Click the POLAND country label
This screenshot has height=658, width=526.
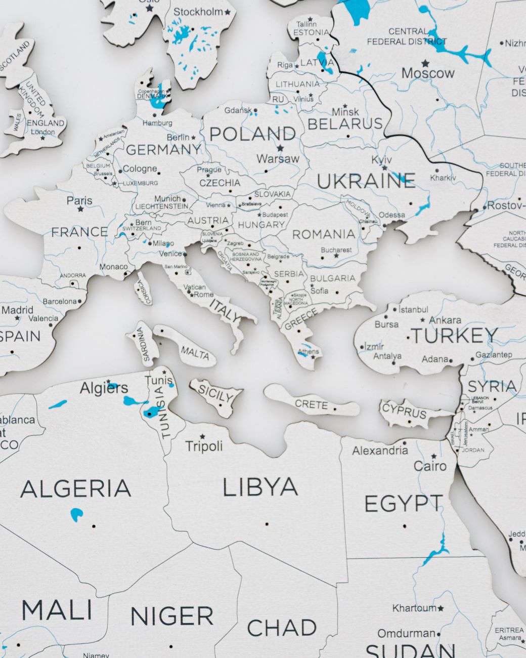(x=252, y=134)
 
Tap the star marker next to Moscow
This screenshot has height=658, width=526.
(x=425, y=63)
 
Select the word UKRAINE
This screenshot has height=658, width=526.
(x=366, y=181)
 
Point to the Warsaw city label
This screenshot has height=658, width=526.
(x=278, y=159)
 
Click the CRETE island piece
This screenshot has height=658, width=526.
(x=311, y=404)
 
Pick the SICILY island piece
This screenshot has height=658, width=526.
(x=216, y=394)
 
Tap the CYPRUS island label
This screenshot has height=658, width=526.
(x=405, y=411)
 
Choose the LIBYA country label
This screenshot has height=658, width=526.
(x=260, y=487)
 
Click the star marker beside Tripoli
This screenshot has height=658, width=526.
(x=203, y=436)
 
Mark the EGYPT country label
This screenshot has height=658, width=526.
(x=403, y=504)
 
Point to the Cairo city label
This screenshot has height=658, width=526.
(x=430, y=466)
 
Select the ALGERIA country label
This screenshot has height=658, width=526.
(x=76, y=489)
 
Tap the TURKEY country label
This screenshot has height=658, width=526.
(x=454, y=336)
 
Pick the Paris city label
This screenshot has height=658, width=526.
(x=79, y=200)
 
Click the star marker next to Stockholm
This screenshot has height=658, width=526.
(x=228, y=12)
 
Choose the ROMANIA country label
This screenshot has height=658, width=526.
(x=324, y=234)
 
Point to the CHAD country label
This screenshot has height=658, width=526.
(x=282, y=628)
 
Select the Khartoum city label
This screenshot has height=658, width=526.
(x=414, y=608)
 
